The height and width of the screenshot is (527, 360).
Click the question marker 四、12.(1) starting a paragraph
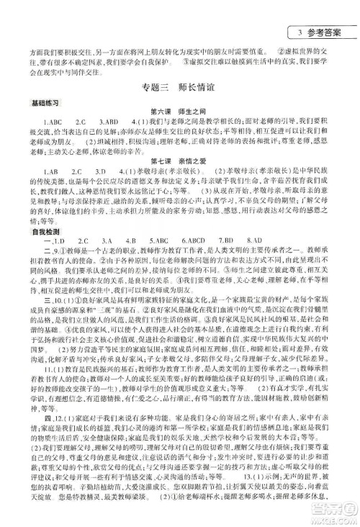click(40, 439)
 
